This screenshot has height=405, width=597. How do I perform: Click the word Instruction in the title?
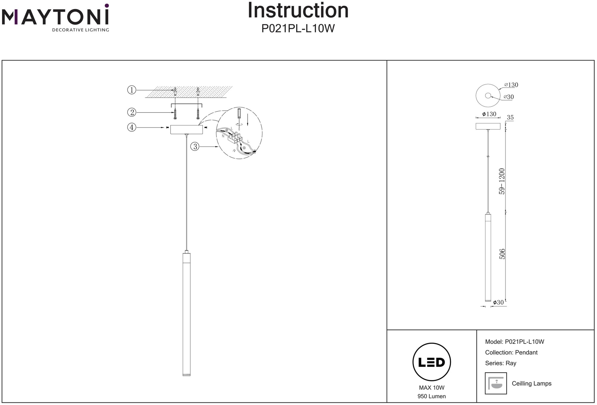click(298, 11)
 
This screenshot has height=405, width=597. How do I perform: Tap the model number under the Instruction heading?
click(298, 29)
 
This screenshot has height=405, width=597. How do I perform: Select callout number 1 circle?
click(132, 90)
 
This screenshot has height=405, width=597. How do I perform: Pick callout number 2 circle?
click(132, 112)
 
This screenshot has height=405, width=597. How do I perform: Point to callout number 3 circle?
click(195, 147)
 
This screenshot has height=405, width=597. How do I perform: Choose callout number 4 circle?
click(132, 128)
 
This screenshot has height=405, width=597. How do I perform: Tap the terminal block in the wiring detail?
click(235, 138)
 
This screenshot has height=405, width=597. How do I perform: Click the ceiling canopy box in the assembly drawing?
click(187, 130)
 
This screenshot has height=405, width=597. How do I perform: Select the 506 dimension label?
click(502, 254)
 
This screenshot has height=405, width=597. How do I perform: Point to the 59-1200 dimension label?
click(502, 181)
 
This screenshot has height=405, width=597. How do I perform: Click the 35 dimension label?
click(510, 118)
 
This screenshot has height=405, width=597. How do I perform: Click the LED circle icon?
click(432, 362)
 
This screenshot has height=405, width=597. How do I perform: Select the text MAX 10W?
click(432, 388)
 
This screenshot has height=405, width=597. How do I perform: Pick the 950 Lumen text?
click(432, 396)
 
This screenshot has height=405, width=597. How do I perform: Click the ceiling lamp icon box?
click(496, 383)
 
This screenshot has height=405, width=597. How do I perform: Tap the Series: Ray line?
click(501, 363)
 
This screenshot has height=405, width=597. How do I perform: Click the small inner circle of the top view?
click(488, 96)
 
